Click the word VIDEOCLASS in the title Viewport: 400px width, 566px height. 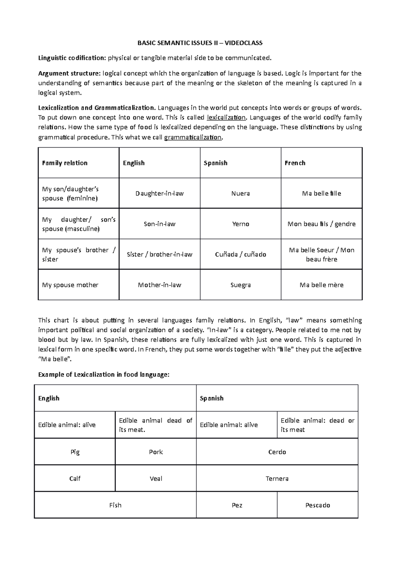point(243,43)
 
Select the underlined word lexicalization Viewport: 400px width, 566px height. point(226,117)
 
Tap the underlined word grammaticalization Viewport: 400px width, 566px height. point(193,137)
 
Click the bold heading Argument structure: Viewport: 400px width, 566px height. point(69,73)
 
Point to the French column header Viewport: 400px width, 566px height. point(295,163)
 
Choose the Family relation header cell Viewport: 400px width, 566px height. point(65,163)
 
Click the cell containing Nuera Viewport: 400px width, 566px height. point(240,193)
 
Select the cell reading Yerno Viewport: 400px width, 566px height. point(240,224)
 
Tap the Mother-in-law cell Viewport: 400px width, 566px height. point(159,285)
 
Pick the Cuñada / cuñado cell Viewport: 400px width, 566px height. point(240,255)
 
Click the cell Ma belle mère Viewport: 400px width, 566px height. point(321,285)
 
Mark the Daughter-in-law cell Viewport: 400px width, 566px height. point(159,193)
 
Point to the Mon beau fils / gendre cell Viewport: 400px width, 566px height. point(321,224)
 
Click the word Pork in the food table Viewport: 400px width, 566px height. point(156,452)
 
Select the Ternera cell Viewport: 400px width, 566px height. point(277,479)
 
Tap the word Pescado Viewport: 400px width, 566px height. point(317,505)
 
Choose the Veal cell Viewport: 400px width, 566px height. point(156,479)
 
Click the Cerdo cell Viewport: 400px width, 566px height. point(277,452)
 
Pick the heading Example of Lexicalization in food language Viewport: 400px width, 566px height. point(104,375)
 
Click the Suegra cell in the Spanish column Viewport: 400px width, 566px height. point(240,285)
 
